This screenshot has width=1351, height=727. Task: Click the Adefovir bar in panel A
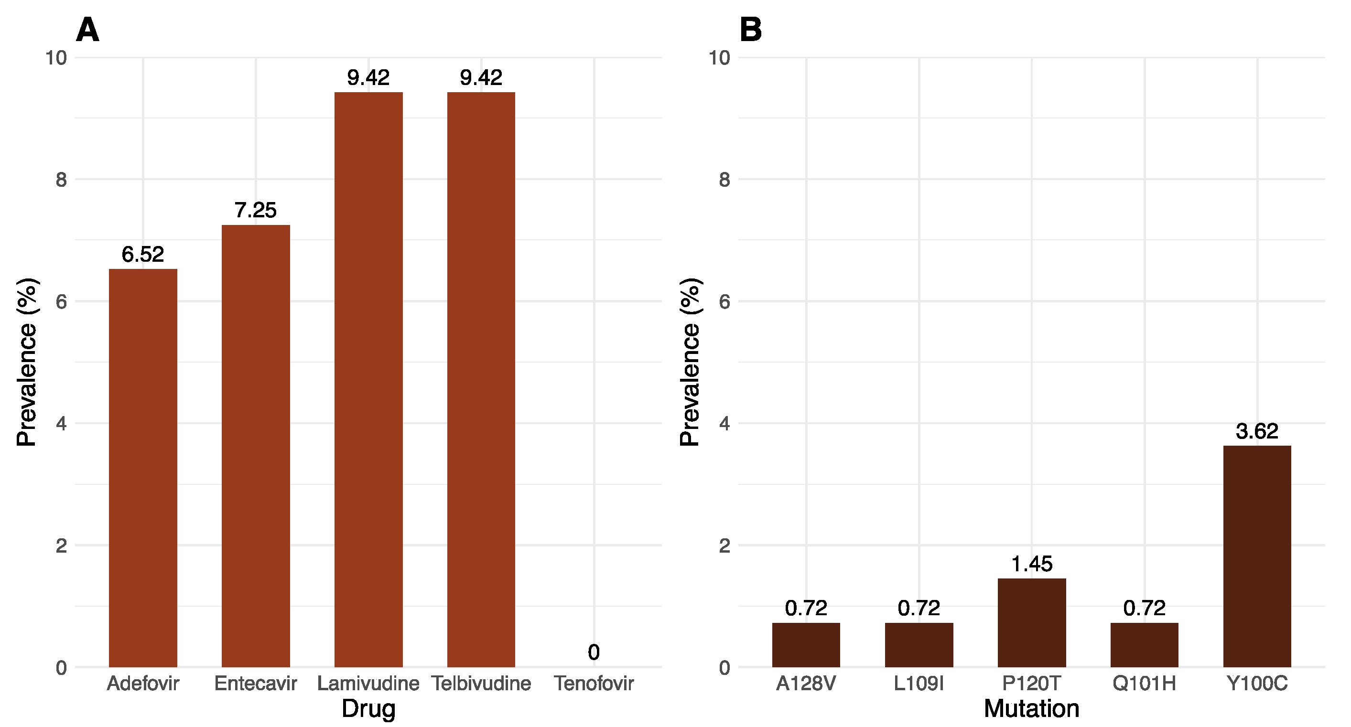pos(143,468)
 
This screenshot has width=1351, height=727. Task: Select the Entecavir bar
pos(255,446)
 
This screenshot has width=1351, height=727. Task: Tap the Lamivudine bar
pos(368,379)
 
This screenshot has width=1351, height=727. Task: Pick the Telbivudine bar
pos(481,379)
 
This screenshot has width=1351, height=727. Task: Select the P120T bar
pos(1031,622)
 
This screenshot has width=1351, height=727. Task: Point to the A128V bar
pos(806,645)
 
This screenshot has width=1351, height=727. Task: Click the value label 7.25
pos(255,210)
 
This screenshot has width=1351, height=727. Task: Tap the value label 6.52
pos(143,255)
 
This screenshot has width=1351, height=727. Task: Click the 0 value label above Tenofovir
pos(593,652)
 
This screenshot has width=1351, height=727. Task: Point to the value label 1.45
pos(1031,564)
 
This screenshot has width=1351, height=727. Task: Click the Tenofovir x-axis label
pos(594,684)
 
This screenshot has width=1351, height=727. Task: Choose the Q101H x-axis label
pos(1144,684)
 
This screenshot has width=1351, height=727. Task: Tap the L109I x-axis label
pos(919,684)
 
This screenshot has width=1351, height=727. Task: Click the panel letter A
pos(87,30)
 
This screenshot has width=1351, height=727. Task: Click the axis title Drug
pos(368,709)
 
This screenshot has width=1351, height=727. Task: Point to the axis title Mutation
pos(1031,709)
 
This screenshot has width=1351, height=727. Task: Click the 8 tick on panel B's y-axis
pos(724,180)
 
